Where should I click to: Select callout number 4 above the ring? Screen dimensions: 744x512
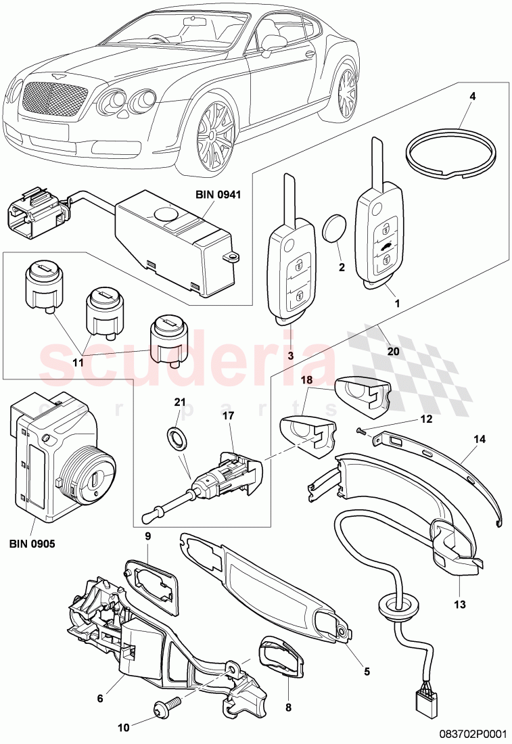pyautogui.click(x=473, y=96)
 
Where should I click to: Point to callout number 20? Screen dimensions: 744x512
pyautogui.click(x=393, y=352)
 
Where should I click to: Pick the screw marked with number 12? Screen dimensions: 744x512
pyautogui.click(x=361, y=430)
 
